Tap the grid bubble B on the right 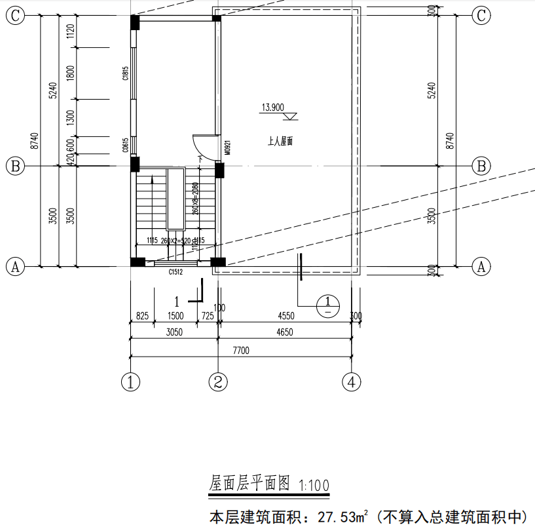pos(482,166)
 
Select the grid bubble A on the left pos(15,266)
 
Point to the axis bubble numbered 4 pos(352,381)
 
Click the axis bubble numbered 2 pos(219,381)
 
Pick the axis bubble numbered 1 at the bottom pos(132,381)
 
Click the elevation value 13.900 pos(272,107)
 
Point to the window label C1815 pos(124,73)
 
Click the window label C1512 pos(175,271)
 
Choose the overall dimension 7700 pos(241,351)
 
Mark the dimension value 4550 pos(286,316)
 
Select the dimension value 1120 pos(71,31)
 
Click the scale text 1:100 pos(314,486)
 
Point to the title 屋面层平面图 pos(249,484)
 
